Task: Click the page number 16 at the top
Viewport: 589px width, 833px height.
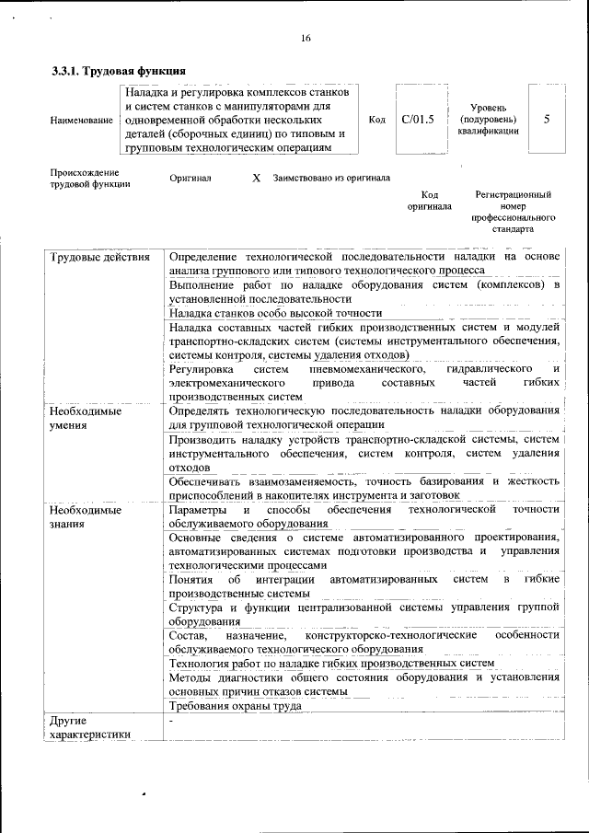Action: point(305,38)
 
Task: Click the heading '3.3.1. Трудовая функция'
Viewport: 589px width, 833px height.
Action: point(119,71)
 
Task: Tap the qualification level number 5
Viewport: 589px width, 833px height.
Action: point(547,120)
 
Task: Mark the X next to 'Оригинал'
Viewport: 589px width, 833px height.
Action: point(257,178)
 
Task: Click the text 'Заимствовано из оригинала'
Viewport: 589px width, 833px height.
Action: point(330,178)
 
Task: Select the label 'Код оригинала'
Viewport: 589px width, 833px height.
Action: point(430,201)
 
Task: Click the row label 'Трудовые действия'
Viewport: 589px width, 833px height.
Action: point(99,256)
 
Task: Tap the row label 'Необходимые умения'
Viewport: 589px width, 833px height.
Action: point(86,418)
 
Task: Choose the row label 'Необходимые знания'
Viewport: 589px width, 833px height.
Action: point(86,515)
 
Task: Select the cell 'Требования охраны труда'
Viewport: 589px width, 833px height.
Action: point(236,706)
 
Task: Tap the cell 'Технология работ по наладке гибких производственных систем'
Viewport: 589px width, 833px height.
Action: point(332,663)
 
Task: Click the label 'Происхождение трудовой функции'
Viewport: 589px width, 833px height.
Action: point(89,178)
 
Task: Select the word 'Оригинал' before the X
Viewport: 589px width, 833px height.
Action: point(191,178)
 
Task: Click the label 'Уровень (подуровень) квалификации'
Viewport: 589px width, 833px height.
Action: point(488,120)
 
